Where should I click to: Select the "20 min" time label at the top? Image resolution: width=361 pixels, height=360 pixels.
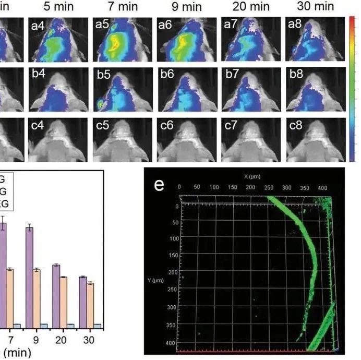(249, 7)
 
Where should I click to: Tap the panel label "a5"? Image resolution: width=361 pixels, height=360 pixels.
(102, 24)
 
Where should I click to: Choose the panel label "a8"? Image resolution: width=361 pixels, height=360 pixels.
(295, 24)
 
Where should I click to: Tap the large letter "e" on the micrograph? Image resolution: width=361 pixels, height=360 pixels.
(159, 186)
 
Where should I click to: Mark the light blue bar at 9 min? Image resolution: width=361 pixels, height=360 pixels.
(44, 325)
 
